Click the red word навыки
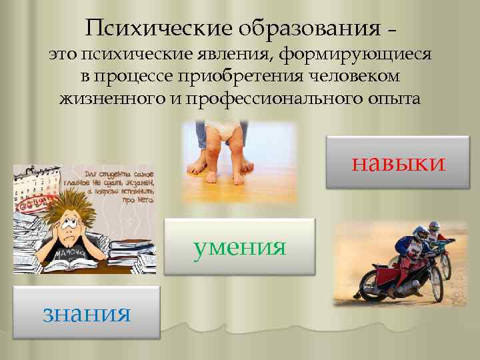[x=398, y=163]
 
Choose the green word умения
[x=240, y=247]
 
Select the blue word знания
[x=86, y=313]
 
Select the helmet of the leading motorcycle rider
[x=421, y=234]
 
